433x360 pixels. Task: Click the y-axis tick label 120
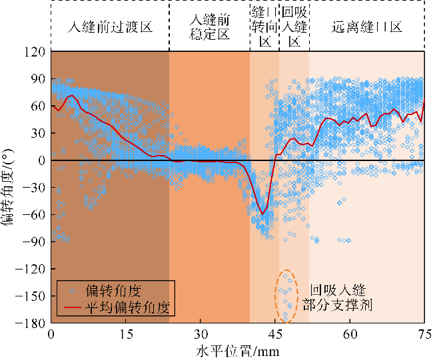click(x=35, y=51)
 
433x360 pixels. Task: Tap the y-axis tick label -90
click(x=35, y=242)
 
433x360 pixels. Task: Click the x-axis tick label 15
click(x=125, y=334)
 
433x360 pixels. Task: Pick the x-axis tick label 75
click(x=424, y=334)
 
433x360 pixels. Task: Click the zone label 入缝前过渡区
click(x=110, y=27)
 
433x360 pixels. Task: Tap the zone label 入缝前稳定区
click(x=209, y=27)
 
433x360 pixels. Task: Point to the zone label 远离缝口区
click(x=367, y=27)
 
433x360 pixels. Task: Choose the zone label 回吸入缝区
click(x=294, y=27)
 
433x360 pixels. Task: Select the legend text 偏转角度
click(x=113, y=291)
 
